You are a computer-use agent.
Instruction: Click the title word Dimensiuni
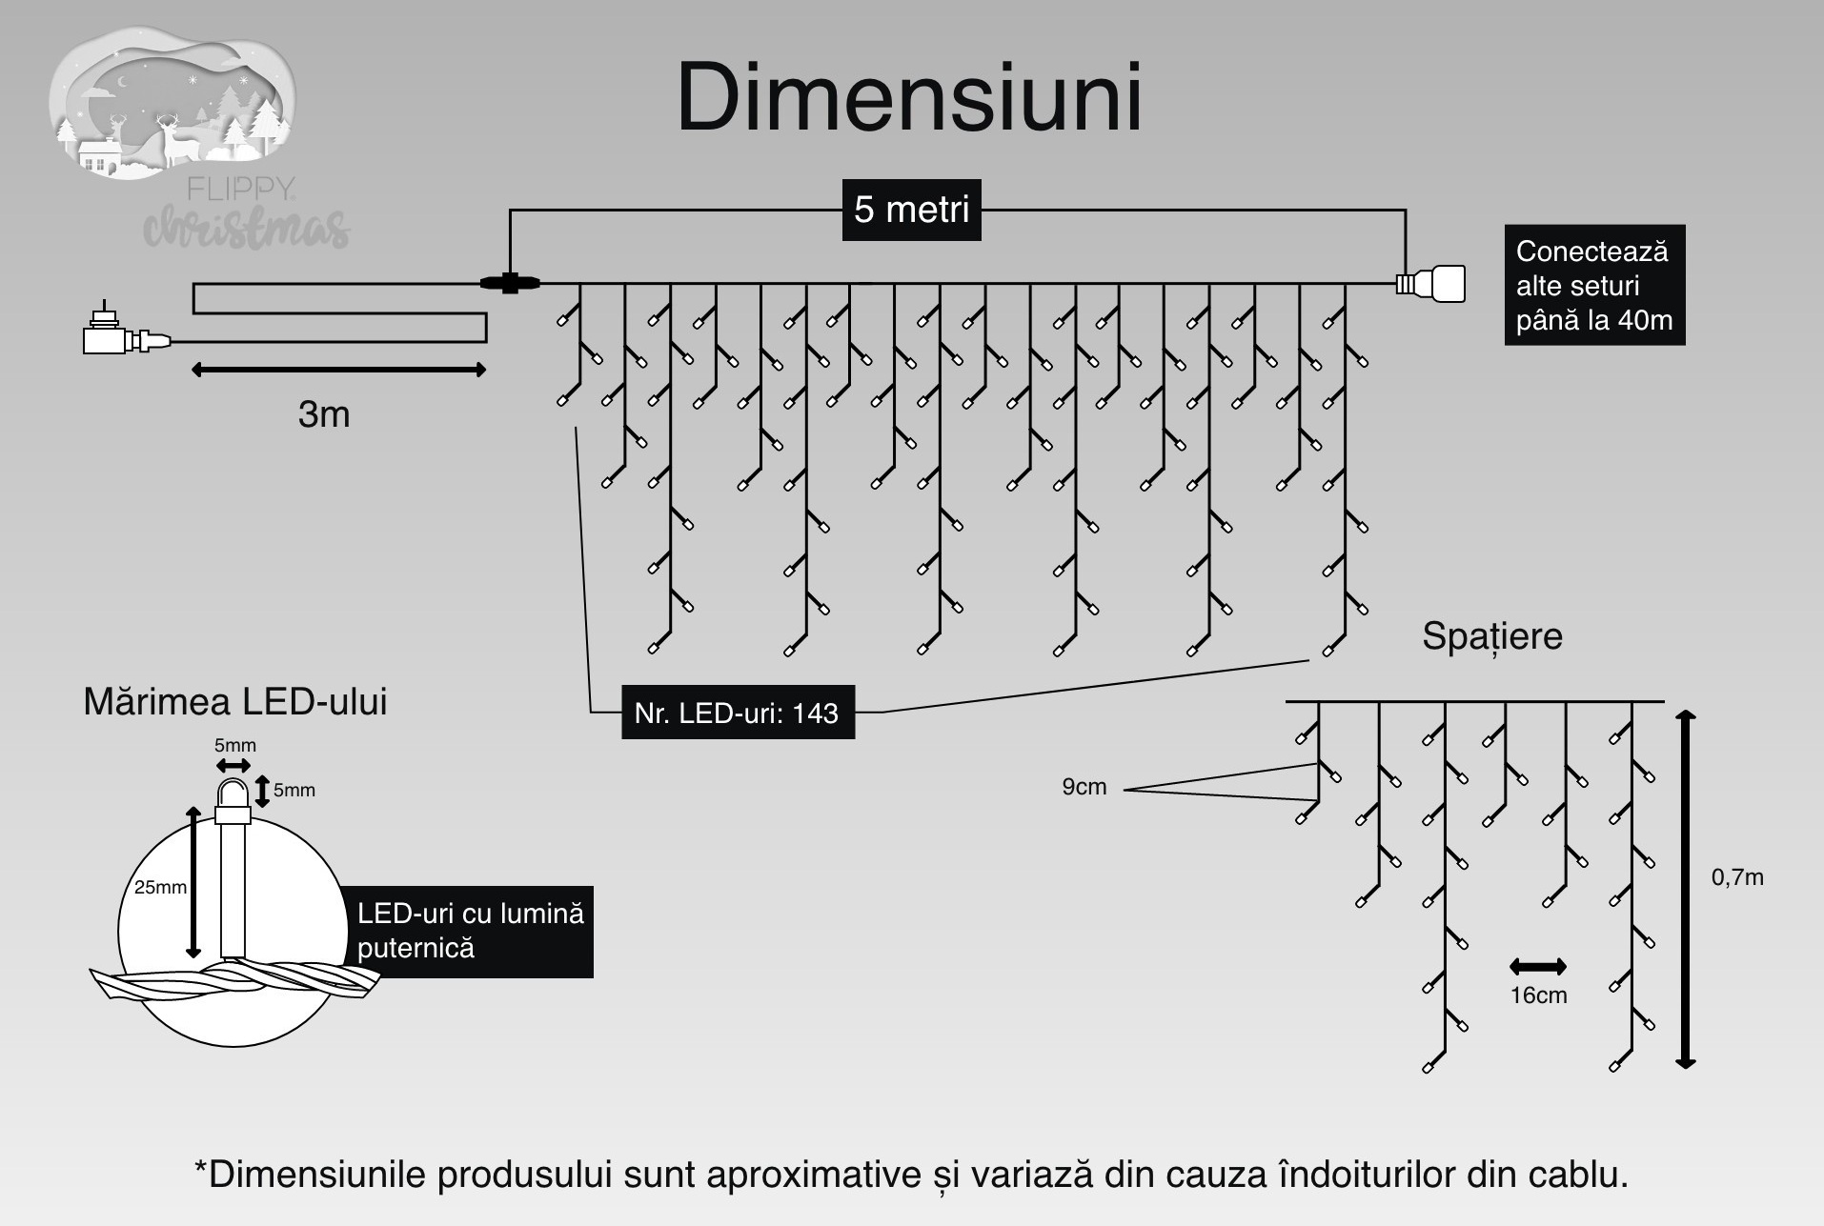point(909,98)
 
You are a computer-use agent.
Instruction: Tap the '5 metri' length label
point(912,210)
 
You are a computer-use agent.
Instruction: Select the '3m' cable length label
point(324,414)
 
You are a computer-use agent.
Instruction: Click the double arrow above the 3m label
point(338,370)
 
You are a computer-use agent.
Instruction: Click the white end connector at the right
point(1430,284)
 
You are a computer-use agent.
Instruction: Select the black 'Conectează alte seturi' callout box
point(1594,285)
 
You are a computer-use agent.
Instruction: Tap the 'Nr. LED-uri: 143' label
point(738,713)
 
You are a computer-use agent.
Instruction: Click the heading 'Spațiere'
point(1492,636)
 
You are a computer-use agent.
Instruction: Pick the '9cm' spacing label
point(1084,787)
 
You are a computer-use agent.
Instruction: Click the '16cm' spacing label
point(1538,995)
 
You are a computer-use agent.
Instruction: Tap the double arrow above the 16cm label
point(1538,968)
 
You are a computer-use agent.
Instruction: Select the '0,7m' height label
point(1737,877)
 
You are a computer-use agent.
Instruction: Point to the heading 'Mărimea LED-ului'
point(235,702)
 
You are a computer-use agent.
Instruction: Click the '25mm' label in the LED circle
point(160,887)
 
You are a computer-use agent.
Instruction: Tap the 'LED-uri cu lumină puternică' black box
point(471,931)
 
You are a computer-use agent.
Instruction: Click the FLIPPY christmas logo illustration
point(181,138)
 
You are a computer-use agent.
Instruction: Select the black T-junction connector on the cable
point(510,282)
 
